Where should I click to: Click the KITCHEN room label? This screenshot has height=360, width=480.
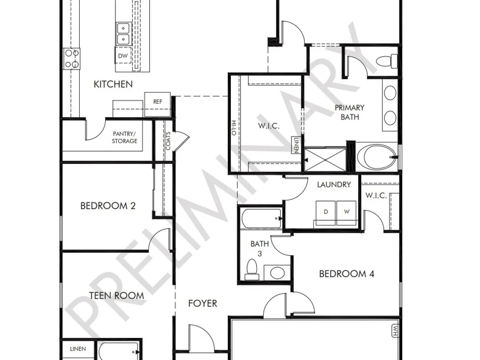coord(113,84)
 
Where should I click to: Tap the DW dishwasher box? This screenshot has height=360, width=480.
coord(123,55)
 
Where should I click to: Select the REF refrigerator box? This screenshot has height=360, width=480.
coord(157,104)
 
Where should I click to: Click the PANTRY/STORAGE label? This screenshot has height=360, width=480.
coord(124,137)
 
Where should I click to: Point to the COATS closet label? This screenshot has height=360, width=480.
coord(168,141)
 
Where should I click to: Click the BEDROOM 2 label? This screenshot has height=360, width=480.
coord(108,206)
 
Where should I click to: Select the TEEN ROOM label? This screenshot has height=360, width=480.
coord(117,296)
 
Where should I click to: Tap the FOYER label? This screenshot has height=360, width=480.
coord(203,303)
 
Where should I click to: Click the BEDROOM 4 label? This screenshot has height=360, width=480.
coord(347,274)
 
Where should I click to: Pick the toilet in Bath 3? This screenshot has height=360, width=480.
coord(252,269)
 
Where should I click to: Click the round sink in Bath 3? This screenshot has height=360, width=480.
coord(277,273)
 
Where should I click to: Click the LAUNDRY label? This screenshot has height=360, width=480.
coord(334,185)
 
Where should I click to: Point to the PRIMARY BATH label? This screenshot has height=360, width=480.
coord(349,112)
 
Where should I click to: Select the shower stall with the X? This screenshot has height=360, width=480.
coord(326,159)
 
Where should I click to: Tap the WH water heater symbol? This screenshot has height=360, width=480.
coord(396,331)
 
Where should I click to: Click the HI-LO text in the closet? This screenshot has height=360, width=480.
coord(234,128)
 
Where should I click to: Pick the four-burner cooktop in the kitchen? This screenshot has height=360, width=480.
coord(72,59)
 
